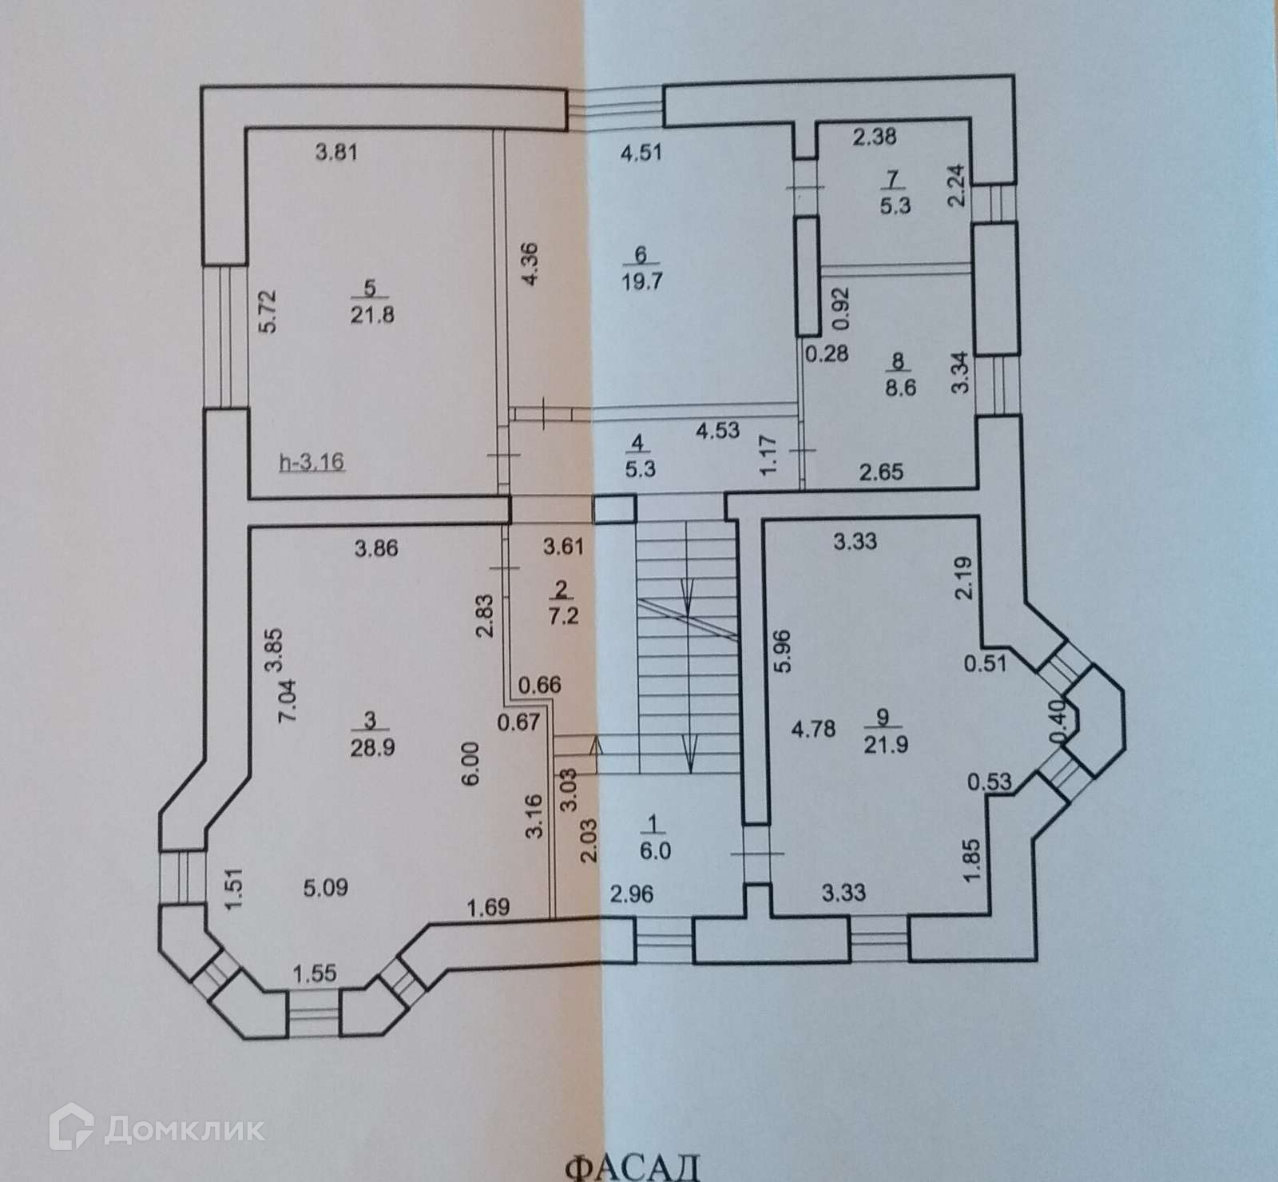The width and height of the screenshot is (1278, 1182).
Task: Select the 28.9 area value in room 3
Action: point(367,747)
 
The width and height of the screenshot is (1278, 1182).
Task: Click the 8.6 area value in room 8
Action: point(899,388)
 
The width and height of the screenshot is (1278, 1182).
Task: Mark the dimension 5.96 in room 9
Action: point(783,652)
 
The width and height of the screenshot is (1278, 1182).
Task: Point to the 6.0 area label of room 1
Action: point(654,852)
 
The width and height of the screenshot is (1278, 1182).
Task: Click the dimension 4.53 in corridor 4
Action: point(718,432)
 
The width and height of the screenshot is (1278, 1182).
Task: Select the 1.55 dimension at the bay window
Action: point(316,973)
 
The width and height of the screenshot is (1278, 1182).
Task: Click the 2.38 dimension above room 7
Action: point(874,137)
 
